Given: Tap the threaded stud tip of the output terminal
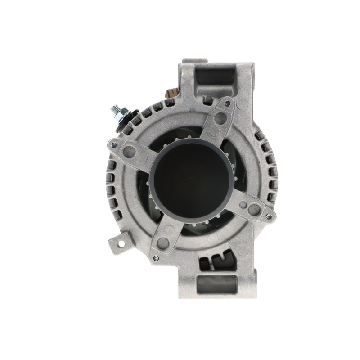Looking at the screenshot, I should [114, 109].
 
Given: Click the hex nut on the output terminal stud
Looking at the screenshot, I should [121, 116].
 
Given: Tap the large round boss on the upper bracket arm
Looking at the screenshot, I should [220, 118].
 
